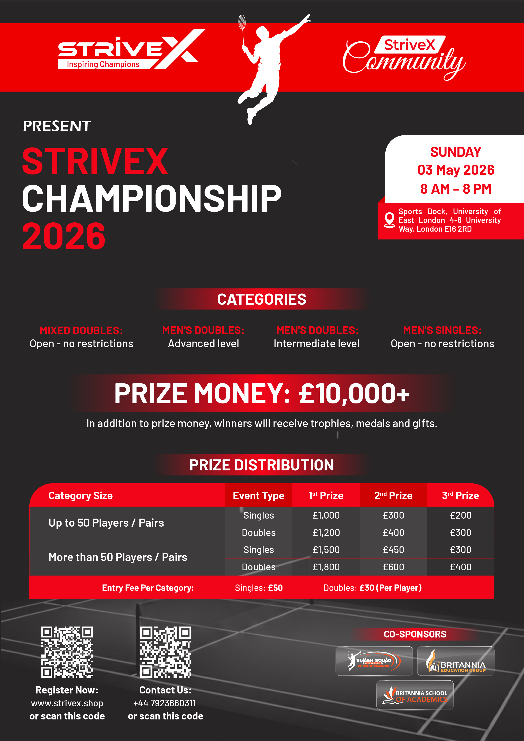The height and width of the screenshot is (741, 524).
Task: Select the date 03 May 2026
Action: tap(456, 170)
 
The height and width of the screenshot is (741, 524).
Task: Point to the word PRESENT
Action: tap(57, 126)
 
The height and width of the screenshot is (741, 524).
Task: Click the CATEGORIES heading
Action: tap(262, 299)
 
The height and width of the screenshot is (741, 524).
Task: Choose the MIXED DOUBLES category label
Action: tap(81, 331)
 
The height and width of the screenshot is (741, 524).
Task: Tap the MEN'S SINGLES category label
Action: tap(442, 331)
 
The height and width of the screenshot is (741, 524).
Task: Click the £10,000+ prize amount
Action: tap(354, 394)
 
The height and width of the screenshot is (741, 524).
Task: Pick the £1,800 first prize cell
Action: tap(326, 567)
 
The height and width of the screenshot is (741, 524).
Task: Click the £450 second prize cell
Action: tap(393, 550)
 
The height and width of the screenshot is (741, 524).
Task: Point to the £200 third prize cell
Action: tap(461, 515)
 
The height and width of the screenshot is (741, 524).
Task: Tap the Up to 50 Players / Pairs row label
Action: tap(106, 523)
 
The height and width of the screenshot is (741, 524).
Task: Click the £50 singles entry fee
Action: tap(275, 588)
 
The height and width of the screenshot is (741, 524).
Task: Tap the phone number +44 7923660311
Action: tap(164, 703)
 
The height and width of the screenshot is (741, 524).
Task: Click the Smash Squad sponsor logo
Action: tap(374, 661)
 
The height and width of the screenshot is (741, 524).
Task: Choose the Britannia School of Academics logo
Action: tap(415, 695)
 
